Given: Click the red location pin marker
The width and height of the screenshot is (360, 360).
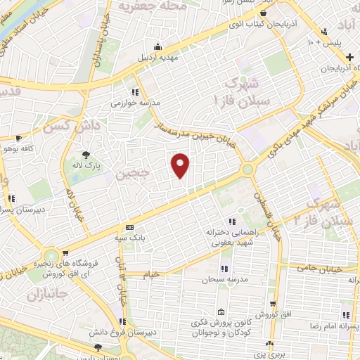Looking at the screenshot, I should point(181,165).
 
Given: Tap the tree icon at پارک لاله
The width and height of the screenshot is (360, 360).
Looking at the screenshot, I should point(86,155).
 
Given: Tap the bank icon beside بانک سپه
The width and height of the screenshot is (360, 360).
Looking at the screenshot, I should point(129,227).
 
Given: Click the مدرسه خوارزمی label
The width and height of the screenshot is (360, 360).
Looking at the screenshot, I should point(135,103).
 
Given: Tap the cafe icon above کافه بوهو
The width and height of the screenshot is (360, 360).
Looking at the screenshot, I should point(19,139).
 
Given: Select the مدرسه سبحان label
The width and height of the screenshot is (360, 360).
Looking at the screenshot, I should point(224,280).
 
